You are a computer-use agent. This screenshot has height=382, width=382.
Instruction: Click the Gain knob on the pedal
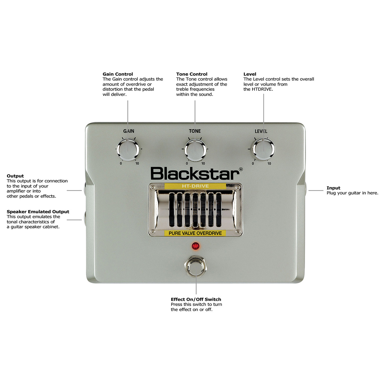[128, 149]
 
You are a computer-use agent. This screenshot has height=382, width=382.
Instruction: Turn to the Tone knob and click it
[195, 149]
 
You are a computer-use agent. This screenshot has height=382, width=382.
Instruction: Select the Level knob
[263, 149]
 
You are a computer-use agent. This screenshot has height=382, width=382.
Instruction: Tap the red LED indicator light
[195, 246]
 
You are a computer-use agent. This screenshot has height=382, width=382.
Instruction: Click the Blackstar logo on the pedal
[195, 174]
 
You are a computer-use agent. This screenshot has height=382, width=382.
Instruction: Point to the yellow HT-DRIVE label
[195, 186]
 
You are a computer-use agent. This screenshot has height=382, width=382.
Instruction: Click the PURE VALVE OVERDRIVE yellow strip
[195, 233]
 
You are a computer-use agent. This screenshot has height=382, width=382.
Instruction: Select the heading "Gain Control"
[118, 74]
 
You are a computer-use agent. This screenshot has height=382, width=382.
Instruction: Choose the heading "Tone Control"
[192, 74]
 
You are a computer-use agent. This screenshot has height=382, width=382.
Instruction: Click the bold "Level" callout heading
[250, 74]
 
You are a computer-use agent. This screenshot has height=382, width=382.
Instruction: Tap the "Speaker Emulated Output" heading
[38, 212]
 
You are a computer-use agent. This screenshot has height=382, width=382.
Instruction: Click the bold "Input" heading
[333, 188]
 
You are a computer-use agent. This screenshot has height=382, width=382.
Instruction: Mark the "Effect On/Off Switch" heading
[196, 299]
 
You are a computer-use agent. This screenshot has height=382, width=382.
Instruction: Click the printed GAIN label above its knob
[129, 131]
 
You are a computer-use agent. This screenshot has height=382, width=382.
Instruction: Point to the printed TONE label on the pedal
[195, 131]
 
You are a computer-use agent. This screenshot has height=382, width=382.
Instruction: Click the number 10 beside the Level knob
[269, 164]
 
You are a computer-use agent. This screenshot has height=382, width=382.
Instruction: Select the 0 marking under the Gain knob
[121, 164]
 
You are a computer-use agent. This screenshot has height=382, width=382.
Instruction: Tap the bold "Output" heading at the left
[15, 176]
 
